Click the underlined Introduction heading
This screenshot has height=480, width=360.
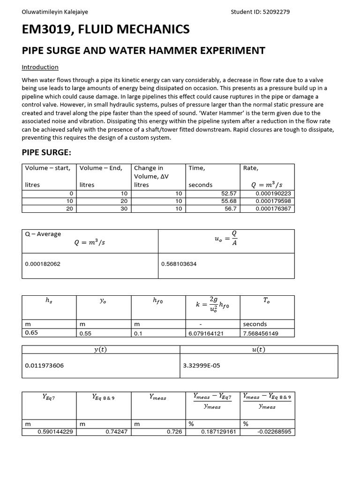(40, 67)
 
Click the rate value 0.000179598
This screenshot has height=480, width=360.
(273, 201)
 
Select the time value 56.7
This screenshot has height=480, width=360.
(231, 209)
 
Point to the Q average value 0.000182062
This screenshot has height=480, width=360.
(43, 264)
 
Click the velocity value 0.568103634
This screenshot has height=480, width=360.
(179, 264)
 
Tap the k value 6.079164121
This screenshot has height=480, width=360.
(206, 333)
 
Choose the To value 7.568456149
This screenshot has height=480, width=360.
(261, 333)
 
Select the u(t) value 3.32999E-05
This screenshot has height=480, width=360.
(202, 366)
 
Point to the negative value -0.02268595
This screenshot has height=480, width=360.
(274, 432)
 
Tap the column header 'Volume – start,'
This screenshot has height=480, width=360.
(48, 168)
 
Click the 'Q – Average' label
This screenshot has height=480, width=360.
(43, 234)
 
